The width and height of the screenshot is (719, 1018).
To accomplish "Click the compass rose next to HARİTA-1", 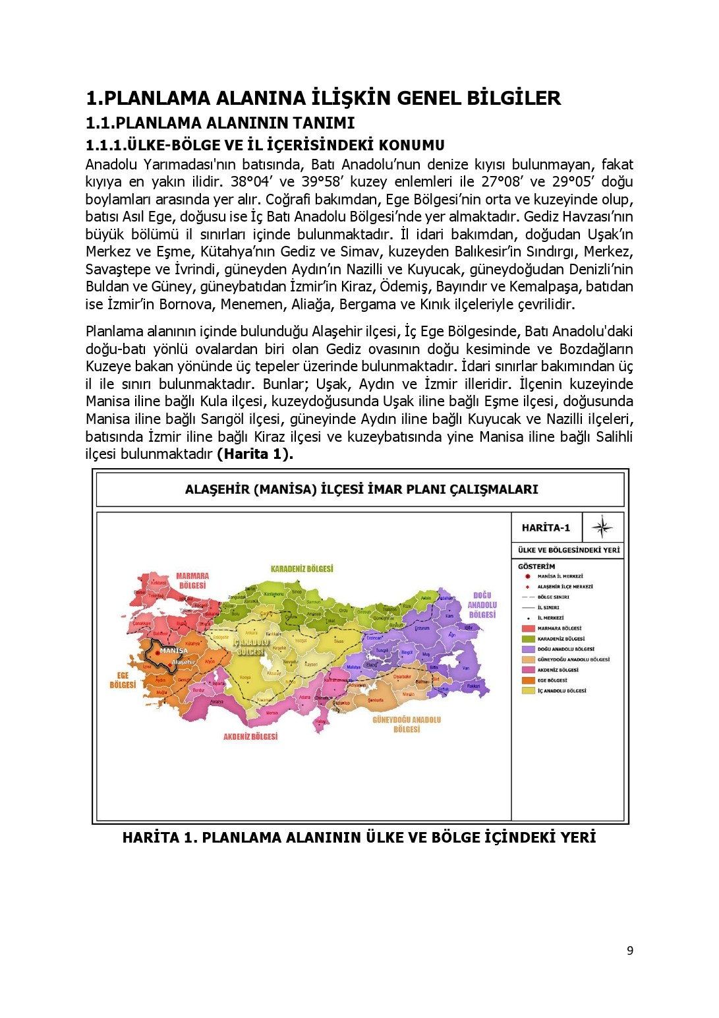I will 602,527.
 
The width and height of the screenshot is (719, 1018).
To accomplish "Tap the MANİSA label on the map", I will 173,651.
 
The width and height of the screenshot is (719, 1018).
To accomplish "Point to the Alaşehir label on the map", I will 183,662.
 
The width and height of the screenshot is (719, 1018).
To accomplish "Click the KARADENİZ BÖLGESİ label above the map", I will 302,568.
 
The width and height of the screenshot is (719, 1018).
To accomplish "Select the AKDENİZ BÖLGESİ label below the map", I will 250,736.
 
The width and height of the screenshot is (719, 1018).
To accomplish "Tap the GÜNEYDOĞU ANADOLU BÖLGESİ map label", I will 407,725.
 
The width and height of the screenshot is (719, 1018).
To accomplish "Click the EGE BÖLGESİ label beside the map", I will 123,680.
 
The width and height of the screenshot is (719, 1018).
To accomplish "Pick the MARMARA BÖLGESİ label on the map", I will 192,581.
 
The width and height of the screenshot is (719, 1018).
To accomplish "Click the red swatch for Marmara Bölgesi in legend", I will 528,628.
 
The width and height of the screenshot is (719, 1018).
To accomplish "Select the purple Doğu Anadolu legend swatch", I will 528,649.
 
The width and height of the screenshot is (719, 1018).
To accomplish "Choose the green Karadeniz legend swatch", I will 528,639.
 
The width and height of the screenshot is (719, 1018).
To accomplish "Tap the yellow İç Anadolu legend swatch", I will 528,691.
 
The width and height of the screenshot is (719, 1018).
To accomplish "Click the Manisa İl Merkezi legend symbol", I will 527,576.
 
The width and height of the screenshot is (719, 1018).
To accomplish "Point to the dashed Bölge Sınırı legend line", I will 527,597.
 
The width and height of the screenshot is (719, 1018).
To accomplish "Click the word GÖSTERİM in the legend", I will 536,566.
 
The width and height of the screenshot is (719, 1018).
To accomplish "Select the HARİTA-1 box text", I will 546,527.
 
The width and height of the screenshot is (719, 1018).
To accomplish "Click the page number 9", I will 630,951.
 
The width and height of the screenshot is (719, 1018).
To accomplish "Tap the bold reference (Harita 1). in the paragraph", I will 254,454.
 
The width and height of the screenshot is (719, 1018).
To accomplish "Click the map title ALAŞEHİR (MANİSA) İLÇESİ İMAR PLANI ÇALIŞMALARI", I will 361,489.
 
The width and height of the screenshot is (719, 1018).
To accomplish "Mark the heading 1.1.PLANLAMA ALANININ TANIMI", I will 220,123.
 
